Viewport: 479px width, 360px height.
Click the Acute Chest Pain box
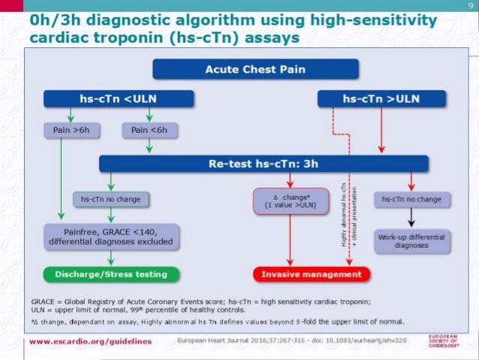[x=239, y=69]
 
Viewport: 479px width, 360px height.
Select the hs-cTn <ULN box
[x=119, y=98]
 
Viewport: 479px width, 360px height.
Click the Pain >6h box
[x=72, y=131]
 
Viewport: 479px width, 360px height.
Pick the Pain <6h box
[x=149, y=131]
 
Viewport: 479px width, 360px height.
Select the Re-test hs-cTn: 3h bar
[x=264, y=164]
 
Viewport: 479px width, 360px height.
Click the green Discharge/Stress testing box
[x=110, y=274]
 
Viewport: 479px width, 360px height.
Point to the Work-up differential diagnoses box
[x=411, y=241]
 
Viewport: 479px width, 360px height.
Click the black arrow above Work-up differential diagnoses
[x=411, y=218]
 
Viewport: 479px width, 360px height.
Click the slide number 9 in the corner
[x=470, y=6]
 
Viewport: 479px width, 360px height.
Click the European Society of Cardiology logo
[x=450, y=340]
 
